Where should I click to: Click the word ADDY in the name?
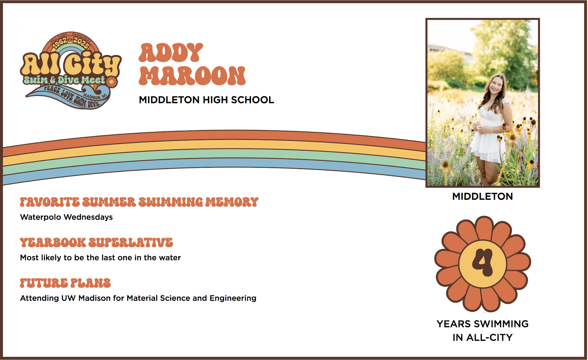171,53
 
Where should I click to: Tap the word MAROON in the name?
192,76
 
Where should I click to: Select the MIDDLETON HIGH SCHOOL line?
206,100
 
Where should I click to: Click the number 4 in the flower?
482,263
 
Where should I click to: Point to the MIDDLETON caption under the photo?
482,196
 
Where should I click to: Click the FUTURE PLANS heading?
65,283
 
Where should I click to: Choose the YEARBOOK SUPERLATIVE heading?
96,243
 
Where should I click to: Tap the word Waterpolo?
41,217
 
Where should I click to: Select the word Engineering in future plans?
233,298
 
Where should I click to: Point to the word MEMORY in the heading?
232,202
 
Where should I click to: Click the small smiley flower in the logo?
112,82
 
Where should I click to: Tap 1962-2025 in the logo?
70,42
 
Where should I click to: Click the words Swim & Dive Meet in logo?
64,80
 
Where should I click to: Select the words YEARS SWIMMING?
482,324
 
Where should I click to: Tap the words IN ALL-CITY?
482,337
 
